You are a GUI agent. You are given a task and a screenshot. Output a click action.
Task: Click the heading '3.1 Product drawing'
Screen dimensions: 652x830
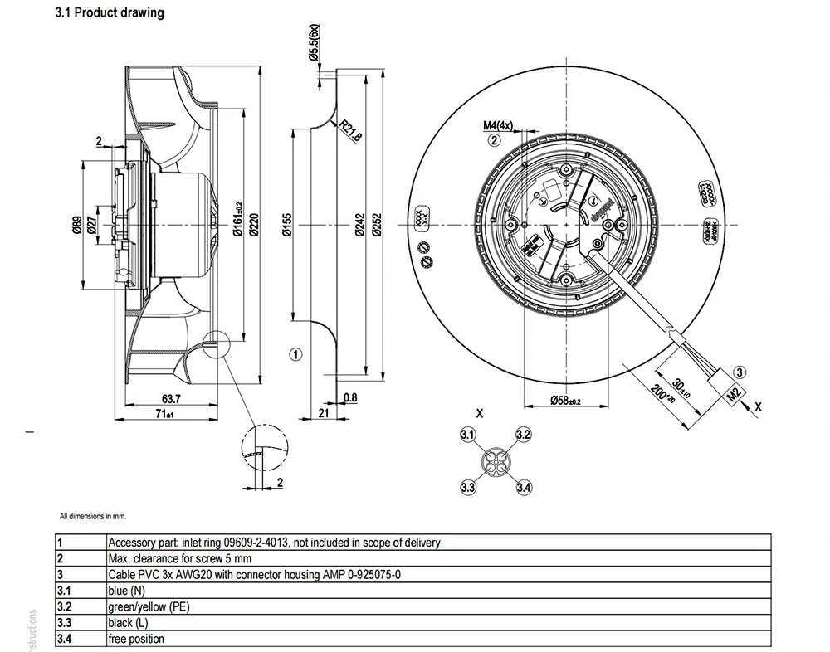pyautogui.click(x=109, y=13)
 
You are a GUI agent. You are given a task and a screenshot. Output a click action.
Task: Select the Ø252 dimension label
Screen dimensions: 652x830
pyautogui.click(x=377, y=226)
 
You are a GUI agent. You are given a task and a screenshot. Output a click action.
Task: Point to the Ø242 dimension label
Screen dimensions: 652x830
pyautogui.click(x=359, y=226)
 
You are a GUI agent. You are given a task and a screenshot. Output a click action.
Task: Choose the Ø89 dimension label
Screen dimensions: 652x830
pyautogui.click(x=76, y=226)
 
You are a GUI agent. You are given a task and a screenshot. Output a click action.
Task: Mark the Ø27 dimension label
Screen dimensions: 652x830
pyautogui.click(x=92, y=226)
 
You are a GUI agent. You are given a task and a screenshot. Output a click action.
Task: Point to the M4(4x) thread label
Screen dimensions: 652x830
pyautogui.click(x=499, y=125)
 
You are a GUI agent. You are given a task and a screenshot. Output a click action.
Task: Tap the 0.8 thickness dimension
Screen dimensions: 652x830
pyautogui.click(x=349, y=398)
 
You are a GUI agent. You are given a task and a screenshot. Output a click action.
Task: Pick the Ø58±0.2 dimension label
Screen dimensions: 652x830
pyautogui.click(x=566, y=401)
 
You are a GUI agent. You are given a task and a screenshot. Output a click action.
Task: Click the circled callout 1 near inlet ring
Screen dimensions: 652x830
pyautogui.click(x=295, y=354)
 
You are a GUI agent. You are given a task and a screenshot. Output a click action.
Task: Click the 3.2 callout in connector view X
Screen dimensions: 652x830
pyautogui.click(x=523, y=435)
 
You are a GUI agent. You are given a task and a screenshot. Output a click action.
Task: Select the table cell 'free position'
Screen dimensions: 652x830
pyautogui.click(x=136, y=639)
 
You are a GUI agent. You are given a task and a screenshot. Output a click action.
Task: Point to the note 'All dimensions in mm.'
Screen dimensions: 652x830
pyautogui.click(x=92, y=516)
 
